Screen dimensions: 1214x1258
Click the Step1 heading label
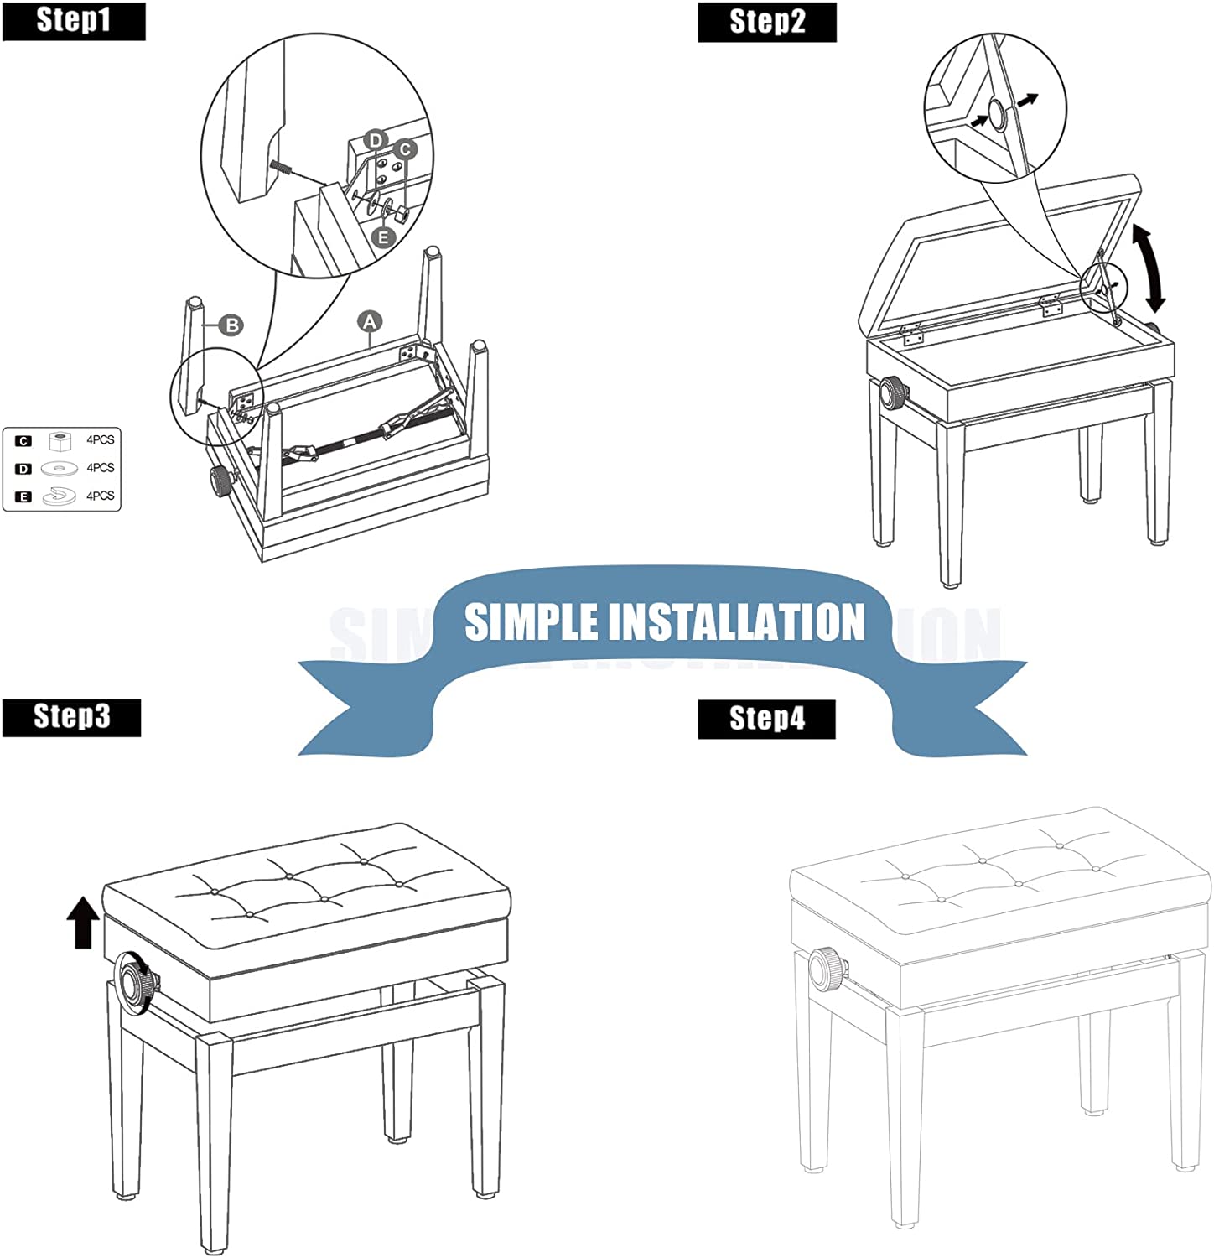(x=74, y=20)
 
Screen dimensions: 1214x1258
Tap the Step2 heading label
(x=767, y=22)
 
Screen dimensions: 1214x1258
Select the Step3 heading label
(x=71, y=717)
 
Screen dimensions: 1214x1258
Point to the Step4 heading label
(x=766, y=719)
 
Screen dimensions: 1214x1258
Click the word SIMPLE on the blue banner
(x=531, y=622)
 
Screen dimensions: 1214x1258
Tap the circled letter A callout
(x=370, y=321)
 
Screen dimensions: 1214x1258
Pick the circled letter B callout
(x=232, y=325)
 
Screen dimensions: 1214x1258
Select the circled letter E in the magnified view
(x=383, y=237)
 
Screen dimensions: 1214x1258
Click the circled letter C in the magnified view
(x=405, y=150)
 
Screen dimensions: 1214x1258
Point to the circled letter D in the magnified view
(x=376, y=140)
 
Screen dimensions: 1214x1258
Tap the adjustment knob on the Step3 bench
(x=137, y=980)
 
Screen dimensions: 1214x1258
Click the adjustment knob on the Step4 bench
(x=827, y=970)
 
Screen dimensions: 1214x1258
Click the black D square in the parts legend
(x=23, y=469)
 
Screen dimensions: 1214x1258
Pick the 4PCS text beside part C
(x=100, y=440)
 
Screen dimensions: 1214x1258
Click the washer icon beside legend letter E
(x=59, y=496)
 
